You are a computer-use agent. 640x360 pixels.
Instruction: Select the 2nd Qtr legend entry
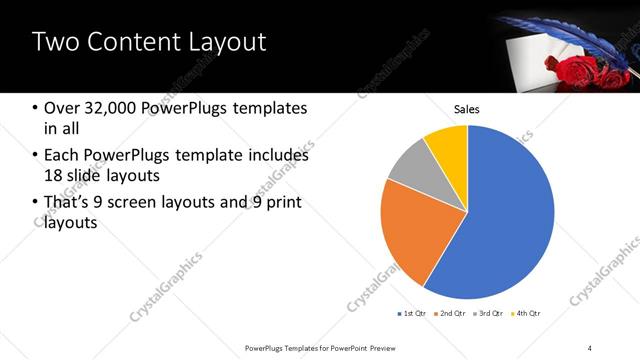(x=451, y=314)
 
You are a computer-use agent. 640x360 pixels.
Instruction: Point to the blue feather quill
(x=560, y=38)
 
